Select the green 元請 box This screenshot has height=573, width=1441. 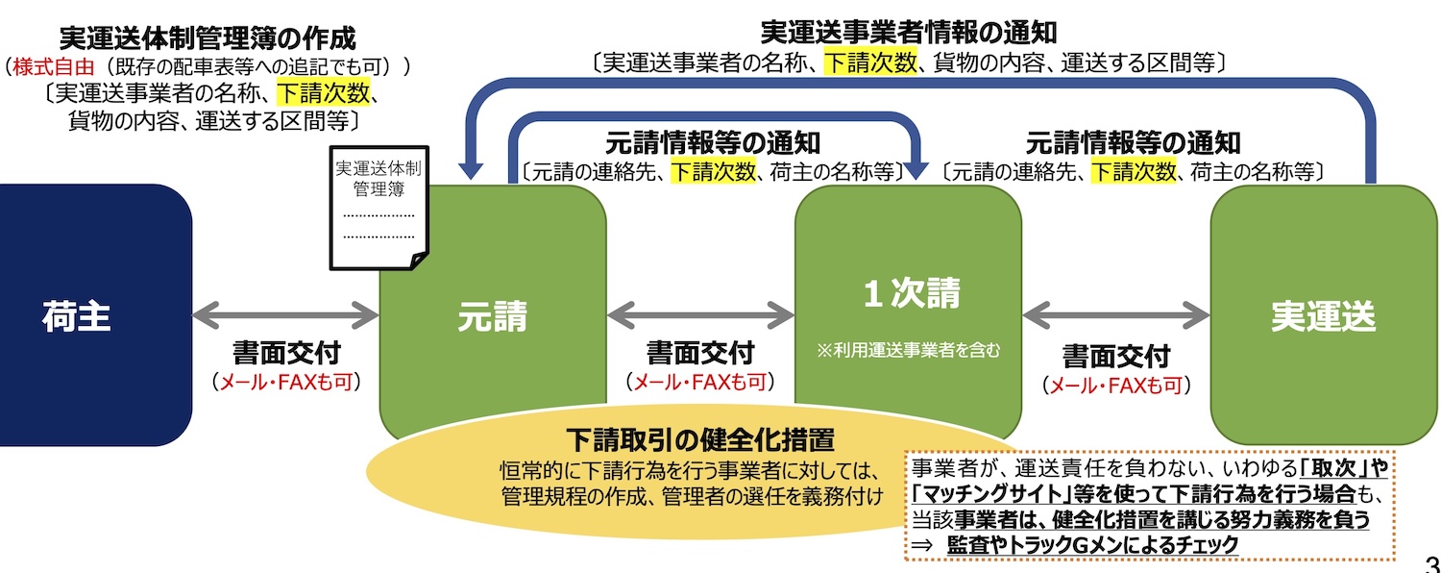492,315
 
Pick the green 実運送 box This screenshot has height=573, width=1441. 1323,315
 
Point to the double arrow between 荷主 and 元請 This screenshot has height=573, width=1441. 285,314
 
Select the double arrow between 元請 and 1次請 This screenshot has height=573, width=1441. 700,314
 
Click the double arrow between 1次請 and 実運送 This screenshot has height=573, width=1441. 1115,314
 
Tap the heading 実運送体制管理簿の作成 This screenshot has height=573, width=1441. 207,38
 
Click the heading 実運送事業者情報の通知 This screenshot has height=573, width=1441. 908,32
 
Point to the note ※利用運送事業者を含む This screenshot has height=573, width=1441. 909,351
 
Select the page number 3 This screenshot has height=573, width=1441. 1430,561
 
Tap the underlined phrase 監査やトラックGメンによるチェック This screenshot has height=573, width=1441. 1091,544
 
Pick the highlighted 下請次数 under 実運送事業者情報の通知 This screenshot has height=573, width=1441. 871,63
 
